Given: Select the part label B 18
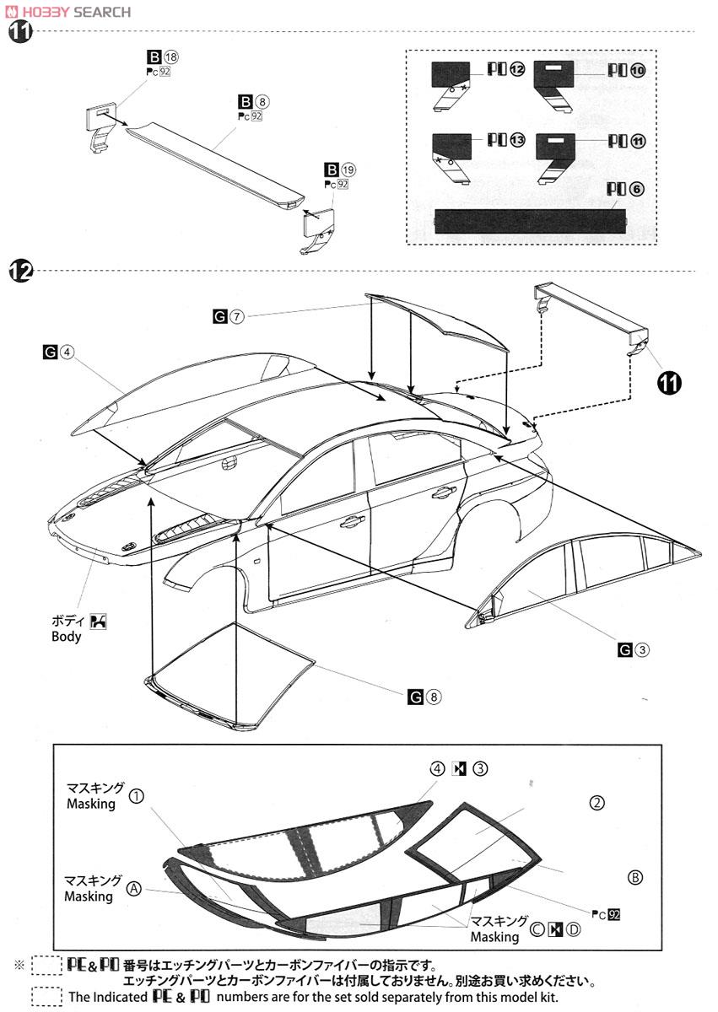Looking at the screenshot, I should (163, 57).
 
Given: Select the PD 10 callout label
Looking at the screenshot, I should (626, 71).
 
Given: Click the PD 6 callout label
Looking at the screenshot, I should (625, 189).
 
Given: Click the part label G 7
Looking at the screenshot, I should (229, 316).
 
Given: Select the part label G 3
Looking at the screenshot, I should (634, 649).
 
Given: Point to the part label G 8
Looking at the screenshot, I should (424, 697).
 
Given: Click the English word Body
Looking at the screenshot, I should (67, 637).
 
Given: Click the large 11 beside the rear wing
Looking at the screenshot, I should (669, 383).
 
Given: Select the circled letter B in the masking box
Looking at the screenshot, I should (635, 876).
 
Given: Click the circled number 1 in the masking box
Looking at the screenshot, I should (137, 795).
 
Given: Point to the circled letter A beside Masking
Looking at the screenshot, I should (133, 888).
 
